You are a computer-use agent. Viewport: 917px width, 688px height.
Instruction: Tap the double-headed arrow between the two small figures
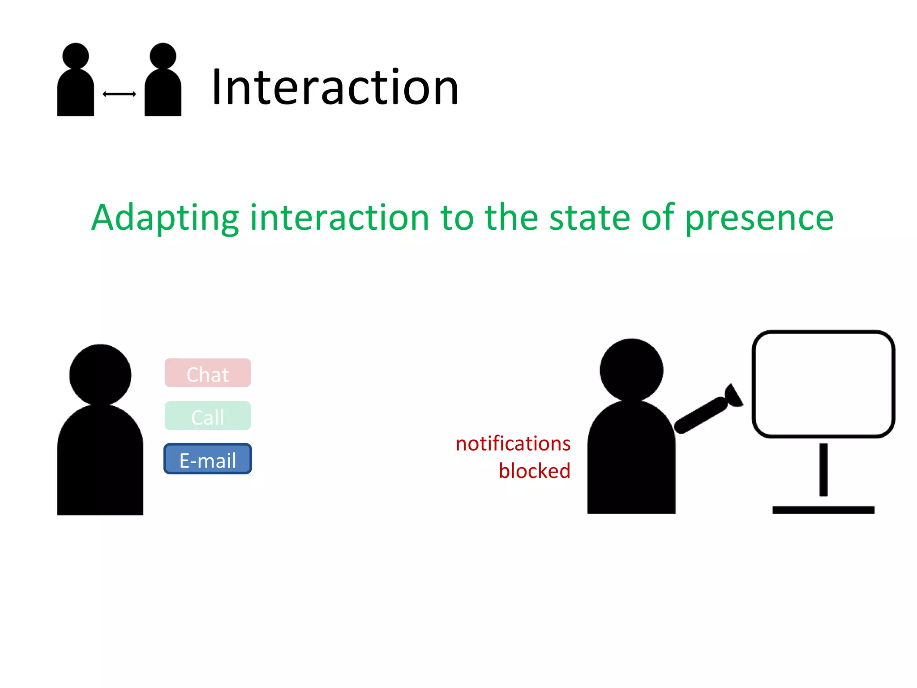click(119, 94)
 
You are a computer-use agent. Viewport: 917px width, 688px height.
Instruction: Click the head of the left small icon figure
click(76, 56)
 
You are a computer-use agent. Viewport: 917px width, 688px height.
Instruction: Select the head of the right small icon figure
click(163, 56)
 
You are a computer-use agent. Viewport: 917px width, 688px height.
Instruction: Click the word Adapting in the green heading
click(165, 218)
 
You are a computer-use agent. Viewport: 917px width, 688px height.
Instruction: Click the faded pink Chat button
click(207, 373)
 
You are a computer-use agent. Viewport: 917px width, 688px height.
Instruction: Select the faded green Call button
click(207, 416)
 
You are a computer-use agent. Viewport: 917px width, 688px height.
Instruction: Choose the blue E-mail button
click(207, 459)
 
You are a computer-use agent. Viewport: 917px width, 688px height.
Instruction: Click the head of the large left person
click(100, 375)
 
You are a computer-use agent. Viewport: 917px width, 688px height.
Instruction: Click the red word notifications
click(513, 443)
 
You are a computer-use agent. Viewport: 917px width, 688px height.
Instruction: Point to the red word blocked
click(534, 471)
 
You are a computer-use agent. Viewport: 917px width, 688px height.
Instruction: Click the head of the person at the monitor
click(631, 370)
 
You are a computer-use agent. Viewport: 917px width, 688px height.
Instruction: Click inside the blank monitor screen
click(823, 384)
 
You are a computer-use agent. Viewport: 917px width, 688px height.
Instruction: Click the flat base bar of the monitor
click(823, 510)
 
